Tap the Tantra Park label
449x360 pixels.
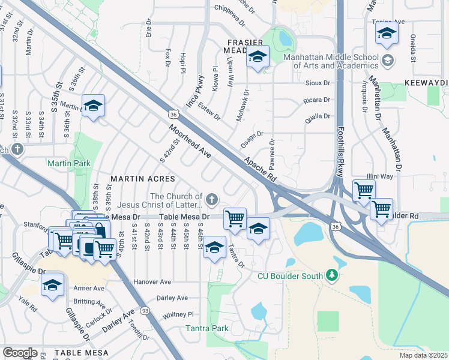coord(206,328)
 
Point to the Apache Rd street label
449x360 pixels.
coord(260,169)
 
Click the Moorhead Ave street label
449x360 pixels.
coord(189,142)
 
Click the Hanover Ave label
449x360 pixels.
coord(152,281)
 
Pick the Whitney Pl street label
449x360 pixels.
coord(178,314)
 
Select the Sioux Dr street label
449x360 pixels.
coord(318,83)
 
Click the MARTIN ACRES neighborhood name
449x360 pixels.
coord(142,179)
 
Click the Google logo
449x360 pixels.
coord(20,353)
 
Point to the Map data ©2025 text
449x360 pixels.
coord(423,355)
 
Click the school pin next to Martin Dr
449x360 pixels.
coord(93,106)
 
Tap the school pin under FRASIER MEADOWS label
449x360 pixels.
coord(258,57)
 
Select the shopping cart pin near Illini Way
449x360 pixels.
coord(364,190)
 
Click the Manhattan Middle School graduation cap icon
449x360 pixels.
coord(388,60)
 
